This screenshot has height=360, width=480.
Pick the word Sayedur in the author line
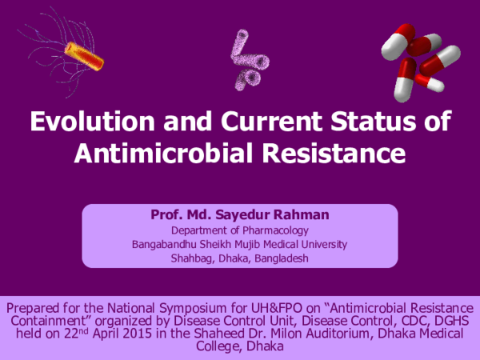(x=243, y=215)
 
